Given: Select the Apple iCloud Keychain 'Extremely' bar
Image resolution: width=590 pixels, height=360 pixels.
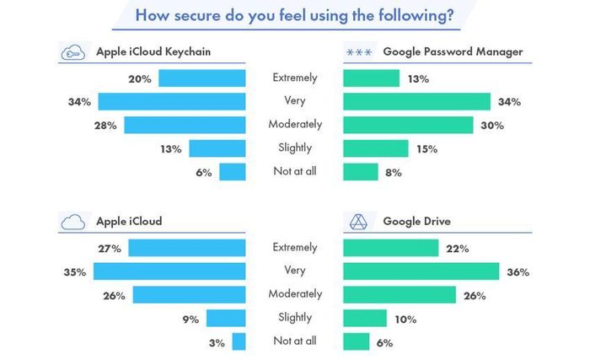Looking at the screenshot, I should pos(201,78).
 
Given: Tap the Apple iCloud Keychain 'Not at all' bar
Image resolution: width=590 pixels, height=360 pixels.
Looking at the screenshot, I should pos(232,172).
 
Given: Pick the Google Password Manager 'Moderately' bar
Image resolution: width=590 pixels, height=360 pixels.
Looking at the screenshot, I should pos(408,125).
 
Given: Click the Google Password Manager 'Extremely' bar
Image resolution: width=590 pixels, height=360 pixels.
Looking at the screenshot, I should pos(371,78).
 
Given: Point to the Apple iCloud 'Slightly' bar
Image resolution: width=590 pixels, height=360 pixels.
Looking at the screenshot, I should pos(225,319).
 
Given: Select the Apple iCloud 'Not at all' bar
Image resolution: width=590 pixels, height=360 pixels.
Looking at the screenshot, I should pos(239,341).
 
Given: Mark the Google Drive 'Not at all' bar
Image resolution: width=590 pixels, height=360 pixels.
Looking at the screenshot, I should pos(356,341).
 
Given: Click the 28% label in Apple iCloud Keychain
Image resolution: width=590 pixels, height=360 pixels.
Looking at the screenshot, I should pos(110,126).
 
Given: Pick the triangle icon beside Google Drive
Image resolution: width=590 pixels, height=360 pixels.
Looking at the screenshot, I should pos(357,222).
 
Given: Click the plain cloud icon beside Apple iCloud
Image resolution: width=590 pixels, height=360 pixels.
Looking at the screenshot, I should pos(73,222).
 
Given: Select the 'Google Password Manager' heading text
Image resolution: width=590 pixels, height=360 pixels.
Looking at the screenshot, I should pos(453,52).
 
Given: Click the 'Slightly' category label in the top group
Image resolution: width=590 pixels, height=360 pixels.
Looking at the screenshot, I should pos(294,148).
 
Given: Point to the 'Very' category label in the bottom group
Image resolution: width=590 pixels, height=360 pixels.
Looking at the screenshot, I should pos(294,271).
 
